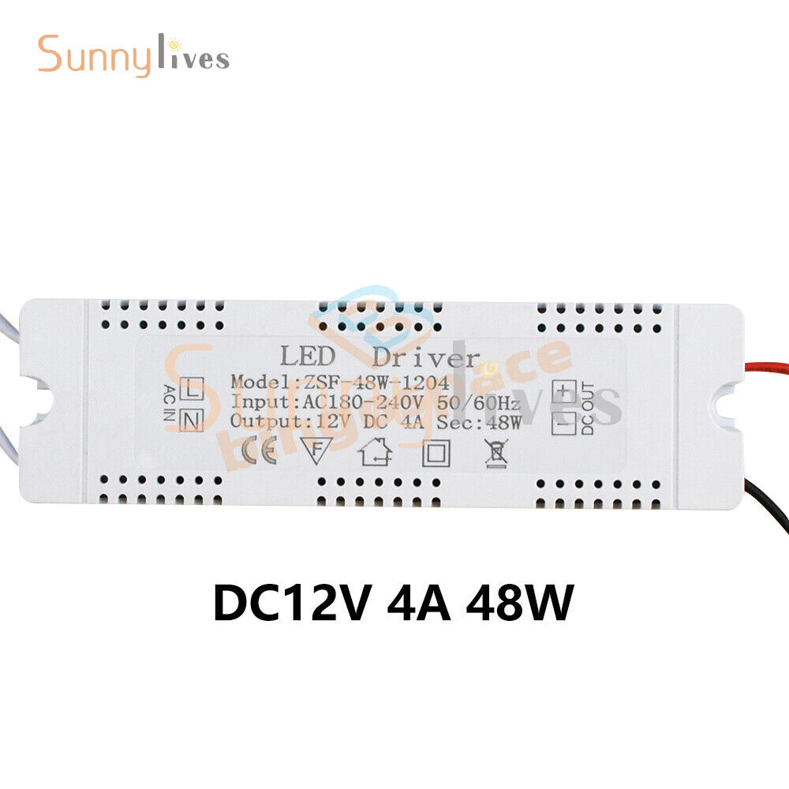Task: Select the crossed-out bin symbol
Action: [x=495, y=452]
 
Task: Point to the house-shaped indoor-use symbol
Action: [x=376, y=453]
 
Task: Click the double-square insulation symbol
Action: [x=436, y=453]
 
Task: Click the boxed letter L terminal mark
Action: [x=193, y=388]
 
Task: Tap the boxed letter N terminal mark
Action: [x=193, y=420]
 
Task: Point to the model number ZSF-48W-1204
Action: [x=371, y=383]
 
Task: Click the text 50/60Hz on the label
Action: [x=477, y=402]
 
